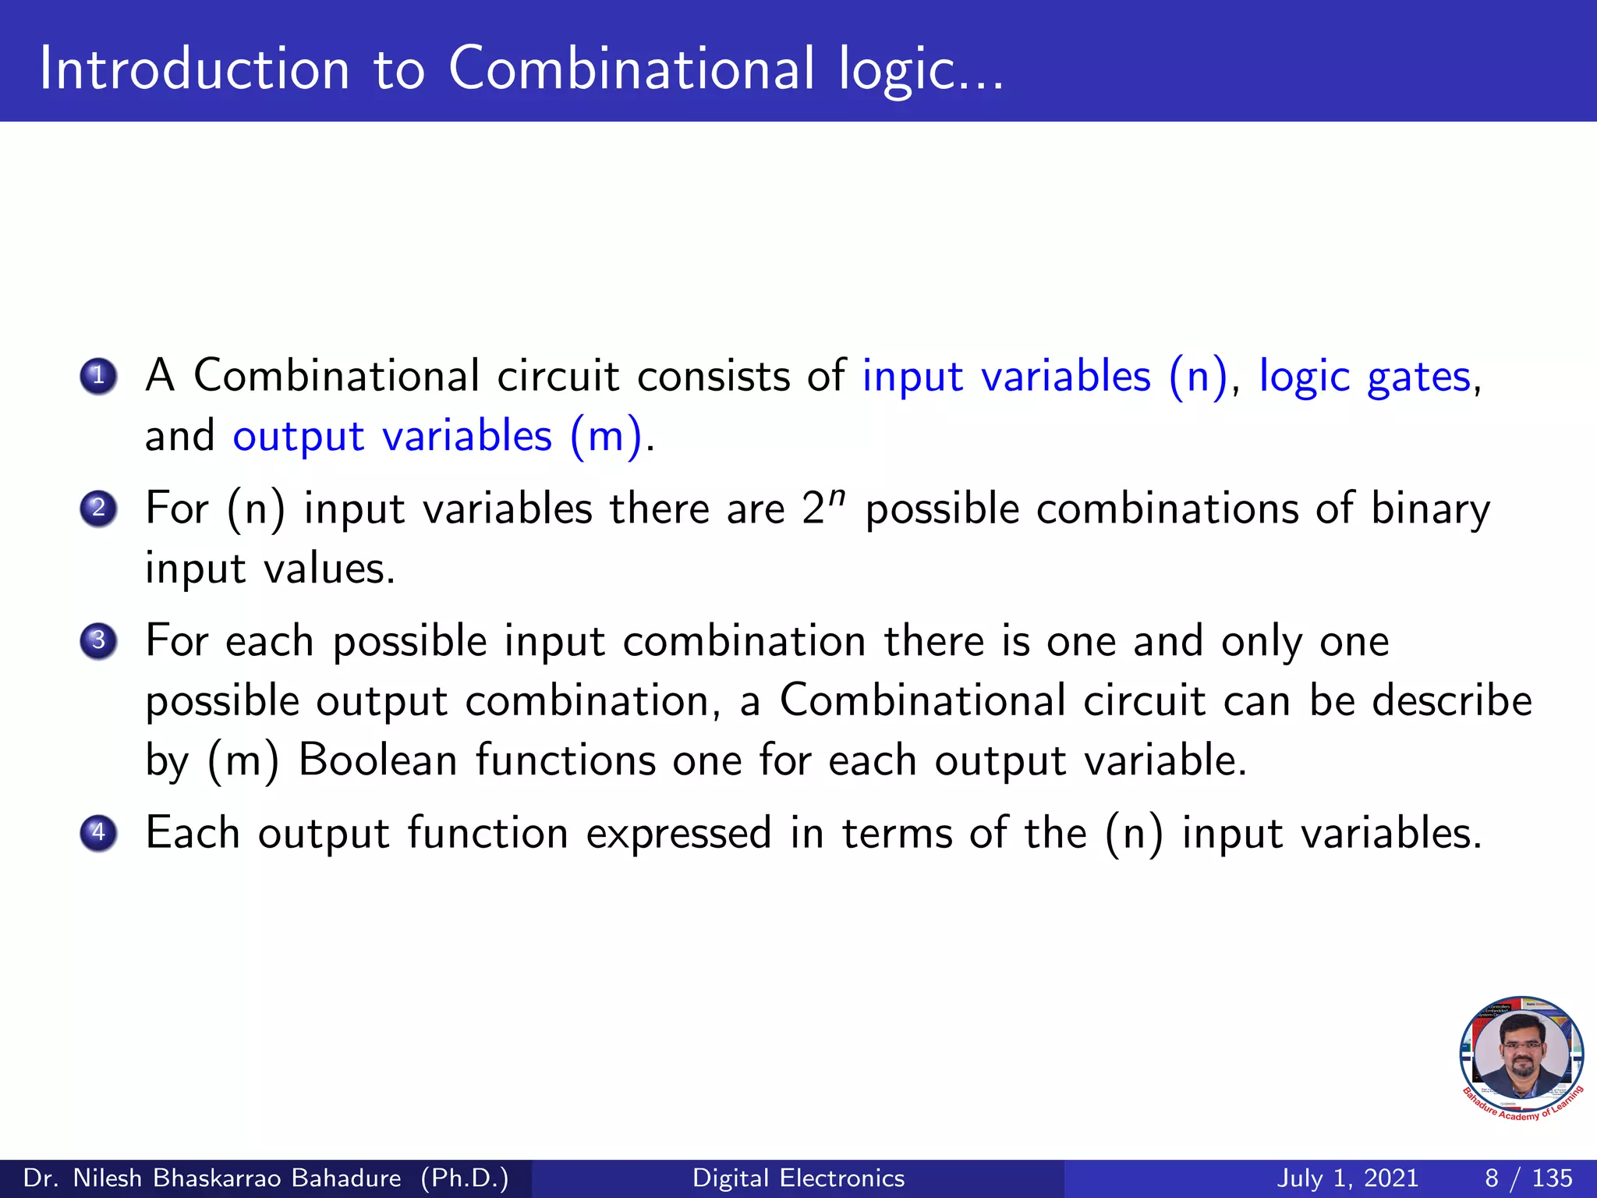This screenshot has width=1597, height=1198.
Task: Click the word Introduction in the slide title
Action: coord(194,69)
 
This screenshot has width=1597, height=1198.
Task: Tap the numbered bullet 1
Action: coord(98,376)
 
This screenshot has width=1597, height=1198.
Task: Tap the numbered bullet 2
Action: coord(98,509)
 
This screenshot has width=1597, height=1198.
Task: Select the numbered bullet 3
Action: coord(98,640)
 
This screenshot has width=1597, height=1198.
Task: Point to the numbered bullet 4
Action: coord(98,832)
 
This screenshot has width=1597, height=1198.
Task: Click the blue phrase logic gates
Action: coord(1365,377)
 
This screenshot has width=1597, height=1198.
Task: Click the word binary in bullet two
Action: coord(1430,510)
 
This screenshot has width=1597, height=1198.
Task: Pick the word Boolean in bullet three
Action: coord(377,760)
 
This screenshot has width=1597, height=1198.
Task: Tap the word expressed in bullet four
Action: coord(678,833)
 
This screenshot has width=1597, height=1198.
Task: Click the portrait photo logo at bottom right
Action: coord(1521,1058)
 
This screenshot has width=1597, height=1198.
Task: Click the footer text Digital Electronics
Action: coord(798,1178)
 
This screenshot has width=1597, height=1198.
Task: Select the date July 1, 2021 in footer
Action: coord(1347,1178)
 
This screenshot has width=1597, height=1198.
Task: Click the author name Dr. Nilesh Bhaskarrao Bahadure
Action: coord(212,1178)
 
